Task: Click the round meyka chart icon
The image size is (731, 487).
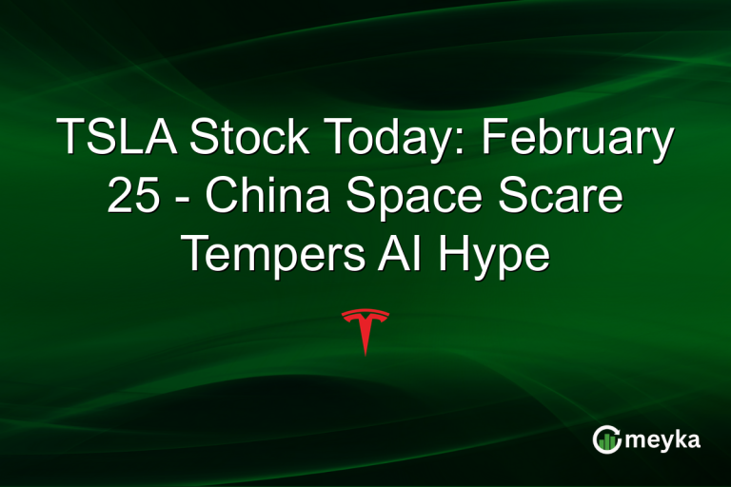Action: coord(606,438)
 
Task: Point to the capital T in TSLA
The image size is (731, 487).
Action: coord(70,139)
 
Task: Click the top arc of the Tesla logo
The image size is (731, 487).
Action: coord(365,313)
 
